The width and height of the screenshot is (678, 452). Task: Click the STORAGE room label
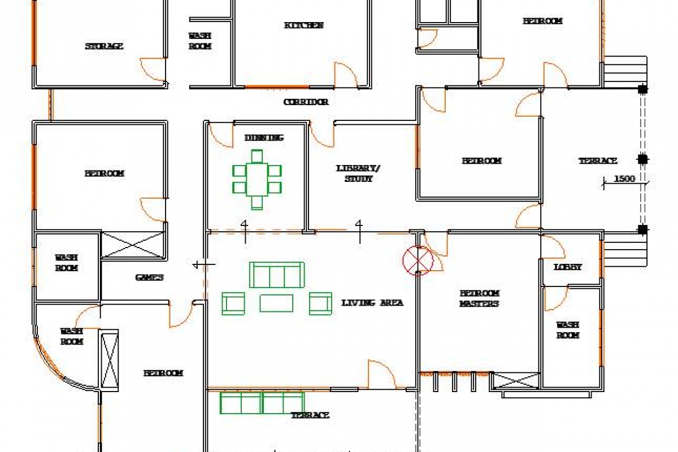pos(104,46)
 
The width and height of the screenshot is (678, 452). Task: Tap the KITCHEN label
pos(303,25)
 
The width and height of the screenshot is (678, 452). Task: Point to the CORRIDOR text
pos(306,102)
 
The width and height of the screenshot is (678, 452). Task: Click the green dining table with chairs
pos(257,179)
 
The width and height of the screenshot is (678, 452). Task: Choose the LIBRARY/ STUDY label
pos(359,173)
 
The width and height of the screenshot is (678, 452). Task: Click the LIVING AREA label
pos(372,303)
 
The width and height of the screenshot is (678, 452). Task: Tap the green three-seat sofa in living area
pos(277,275)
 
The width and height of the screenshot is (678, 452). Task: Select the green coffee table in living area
pos(276,303)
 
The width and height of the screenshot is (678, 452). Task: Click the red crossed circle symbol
pos(418,260)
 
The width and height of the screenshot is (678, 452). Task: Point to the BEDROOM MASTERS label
pos(479,298)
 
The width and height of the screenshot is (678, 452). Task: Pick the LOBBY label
pos(567,267)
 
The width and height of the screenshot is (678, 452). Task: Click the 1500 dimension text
pos(624,179)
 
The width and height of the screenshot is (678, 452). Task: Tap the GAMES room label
pos(149,277)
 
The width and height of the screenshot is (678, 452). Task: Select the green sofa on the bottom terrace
pos(262,403)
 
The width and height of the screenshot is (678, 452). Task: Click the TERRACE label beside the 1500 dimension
pos(598,161)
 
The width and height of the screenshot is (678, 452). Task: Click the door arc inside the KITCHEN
pos(346,75)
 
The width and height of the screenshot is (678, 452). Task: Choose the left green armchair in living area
pos(233,303)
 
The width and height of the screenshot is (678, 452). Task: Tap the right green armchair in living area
pos(320,303)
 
